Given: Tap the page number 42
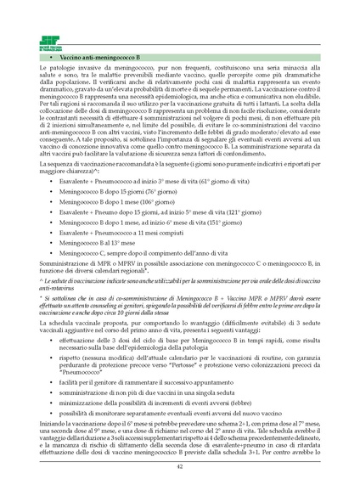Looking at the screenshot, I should point(179,466).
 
